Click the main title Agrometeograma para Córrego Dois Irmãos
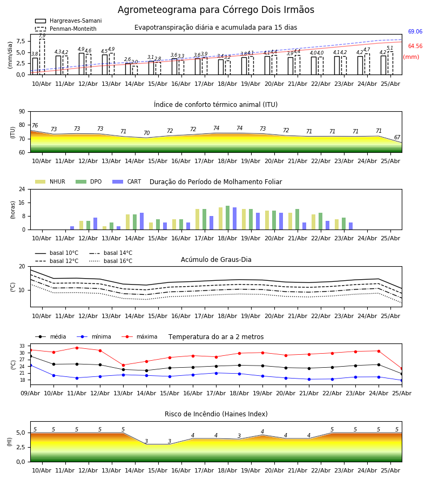pos(215,10)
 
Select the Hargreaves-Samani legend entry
pos(68,21)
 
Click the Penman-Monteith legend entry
pos(66,29)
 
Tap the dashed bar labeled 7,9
pos(42,57)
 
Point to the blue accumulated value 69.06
pos(415,32)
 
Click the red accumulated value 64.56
pos(415,46)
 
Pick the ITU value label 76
pos(35,125)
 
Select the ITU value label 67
pos(397,137)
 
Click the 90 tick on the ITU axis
pos(22,112)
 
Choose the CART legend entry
pos(127,181)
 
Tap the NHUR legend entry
pos(50,181)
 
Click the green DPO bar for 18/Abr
pos(228,218)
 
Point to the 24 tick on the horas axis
pos(22,190)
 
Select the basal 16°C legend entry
pos(111,261)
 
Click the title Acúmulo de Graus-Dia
pos(216,260)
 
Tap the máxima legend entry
pos(139,336)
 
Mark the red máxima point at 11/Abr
pos(77,348)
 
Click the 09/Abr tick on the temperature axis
pos(30,393)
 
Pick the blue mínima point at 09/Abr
pos(31,366)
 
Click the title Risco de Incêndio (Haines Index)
pos(216,414)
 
